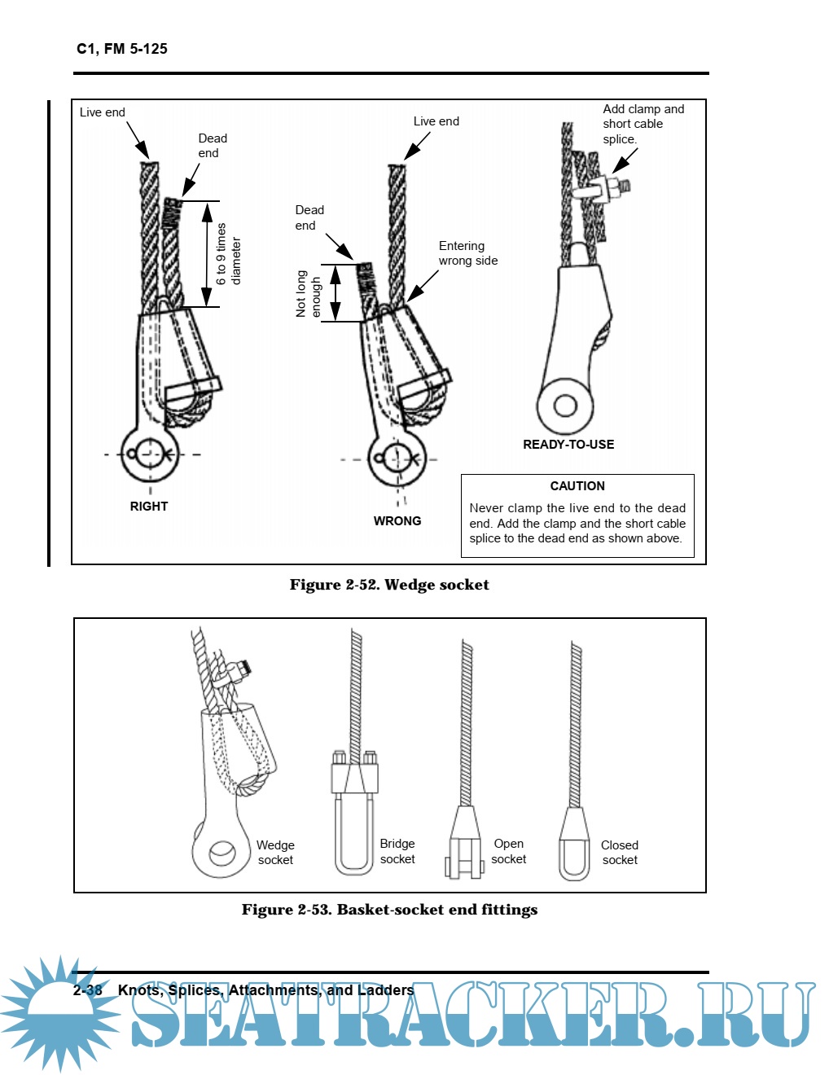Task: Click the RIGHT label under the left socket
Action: point(149,507)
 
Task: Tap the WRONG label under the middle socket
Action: point(397,521)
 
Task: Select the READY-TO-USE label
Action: point(568,445)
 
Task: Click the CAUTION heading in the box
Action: point(577,486)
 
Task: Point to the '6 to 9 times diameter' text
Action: point(228,255)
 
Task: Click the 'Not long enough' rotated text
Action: point(309,294)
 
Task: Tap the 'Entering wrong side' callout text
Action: point(467,253)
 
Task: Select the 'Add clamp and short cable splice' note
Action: point(643,124)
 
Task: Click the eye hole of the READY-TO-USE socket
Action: point(565,405)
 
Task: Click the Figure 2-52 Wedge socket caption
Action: point(389,585)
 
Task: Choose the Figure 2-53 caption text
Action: point(389,910)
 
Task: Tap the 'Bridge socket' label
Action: point(397,851)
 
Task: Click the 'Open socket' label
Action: point(509,851)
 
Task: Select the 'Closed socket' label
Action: point(620,853)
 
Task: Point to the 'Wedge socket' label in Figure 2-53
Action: point(275,853)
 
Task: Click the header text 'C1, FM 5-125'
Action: point(122,49)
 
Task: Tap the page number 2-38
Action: point(88,990)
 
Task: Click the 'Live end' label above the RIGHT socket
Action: point(103,112)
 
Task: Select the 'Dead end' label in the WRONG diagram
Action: point(309,217)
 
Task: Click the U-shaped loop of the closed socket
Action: point(574,859)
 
